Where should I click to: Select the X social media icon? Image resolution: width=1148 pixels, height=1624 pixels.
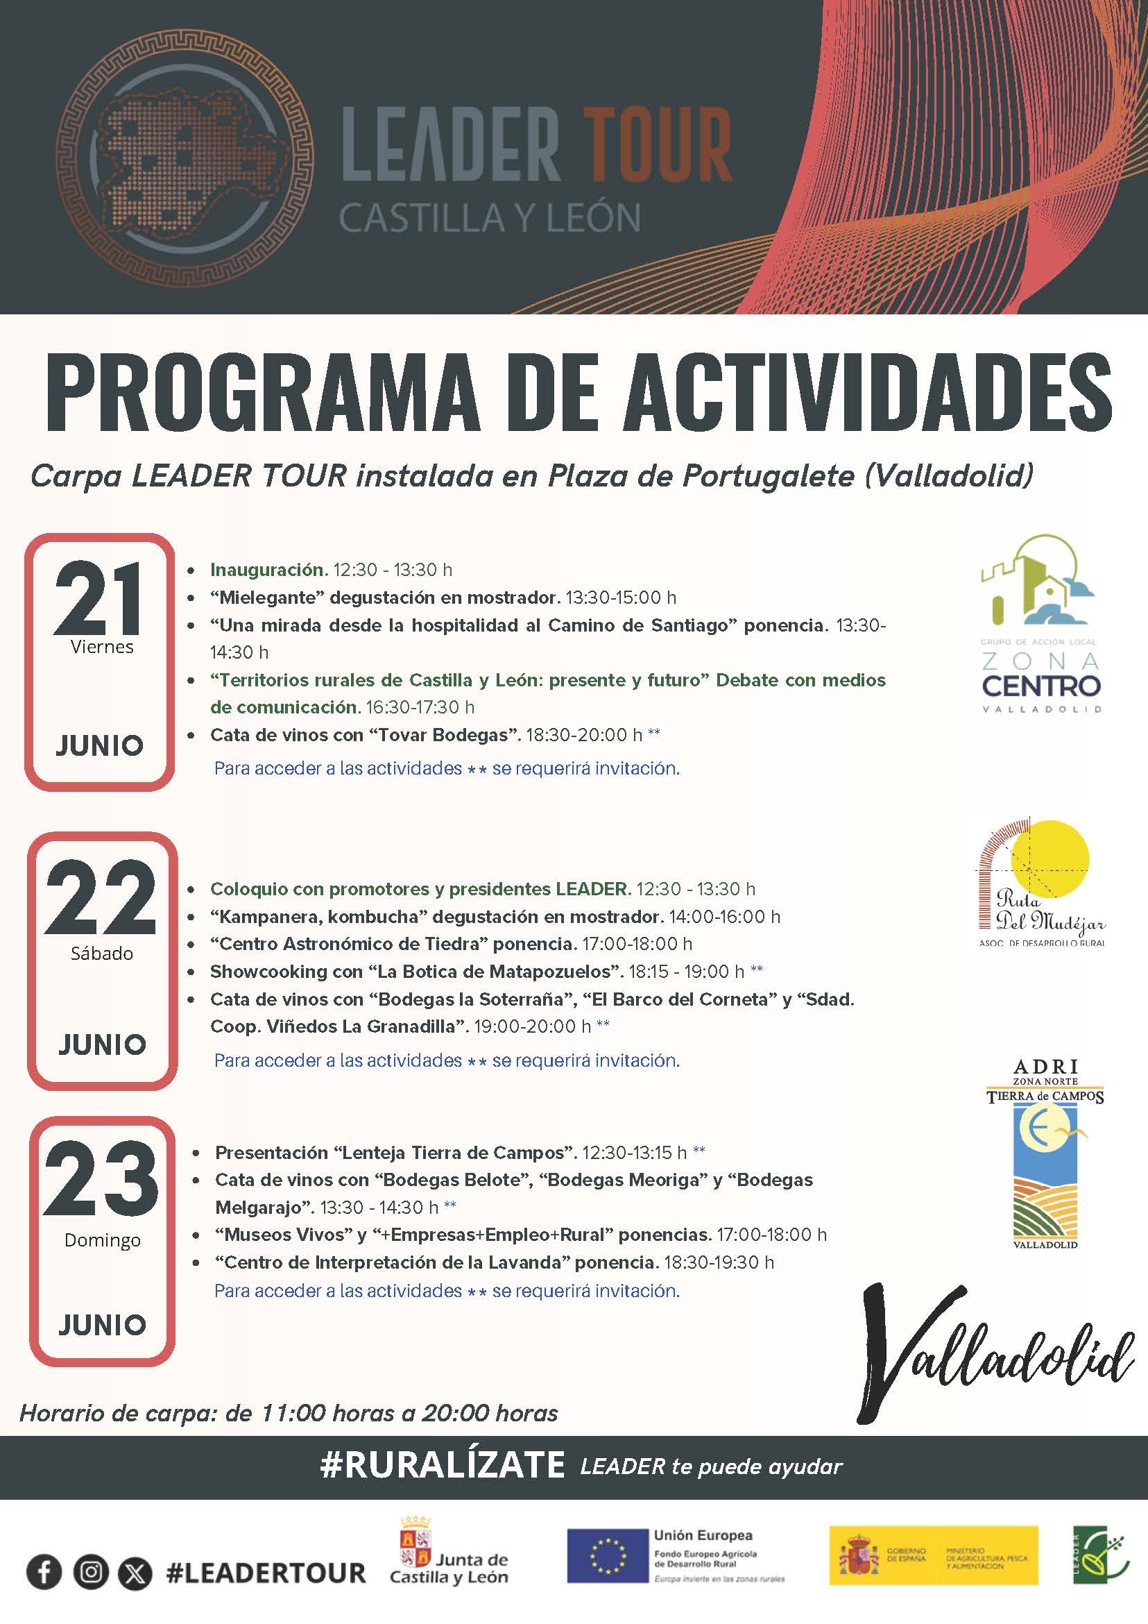[135, 1573]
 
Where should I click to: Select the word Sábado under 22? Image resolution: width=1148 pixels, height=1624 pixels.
[102, 954]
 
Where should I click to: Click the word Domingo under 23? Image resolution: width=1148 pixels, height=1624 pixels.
[103, 1240]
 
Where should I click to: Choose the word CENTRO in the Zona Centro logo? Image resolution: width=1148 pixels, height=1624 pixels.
[1041, 686]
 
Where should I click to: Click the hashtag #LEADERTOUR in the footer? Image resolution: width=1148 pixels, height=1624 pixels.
[266, 1573]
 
